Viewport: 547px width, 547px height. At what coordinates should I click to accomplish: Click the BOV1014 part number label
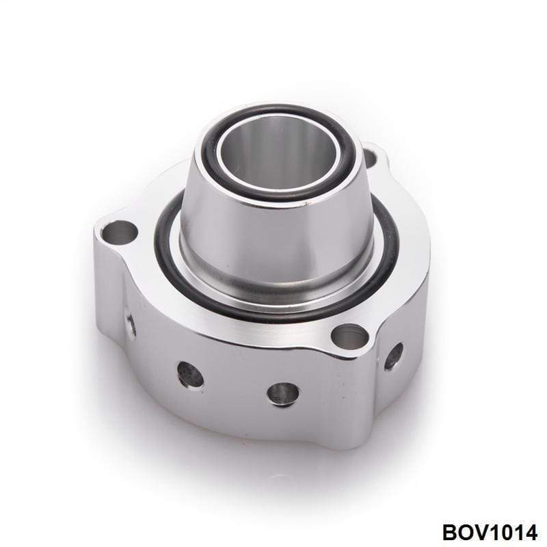pos(490,533)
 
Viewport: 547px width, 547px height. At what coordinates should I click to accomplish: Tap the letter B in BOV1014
pos(451,533)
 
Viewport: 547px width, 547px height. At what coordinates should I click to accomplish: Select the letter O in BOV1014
pos(467,533)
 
